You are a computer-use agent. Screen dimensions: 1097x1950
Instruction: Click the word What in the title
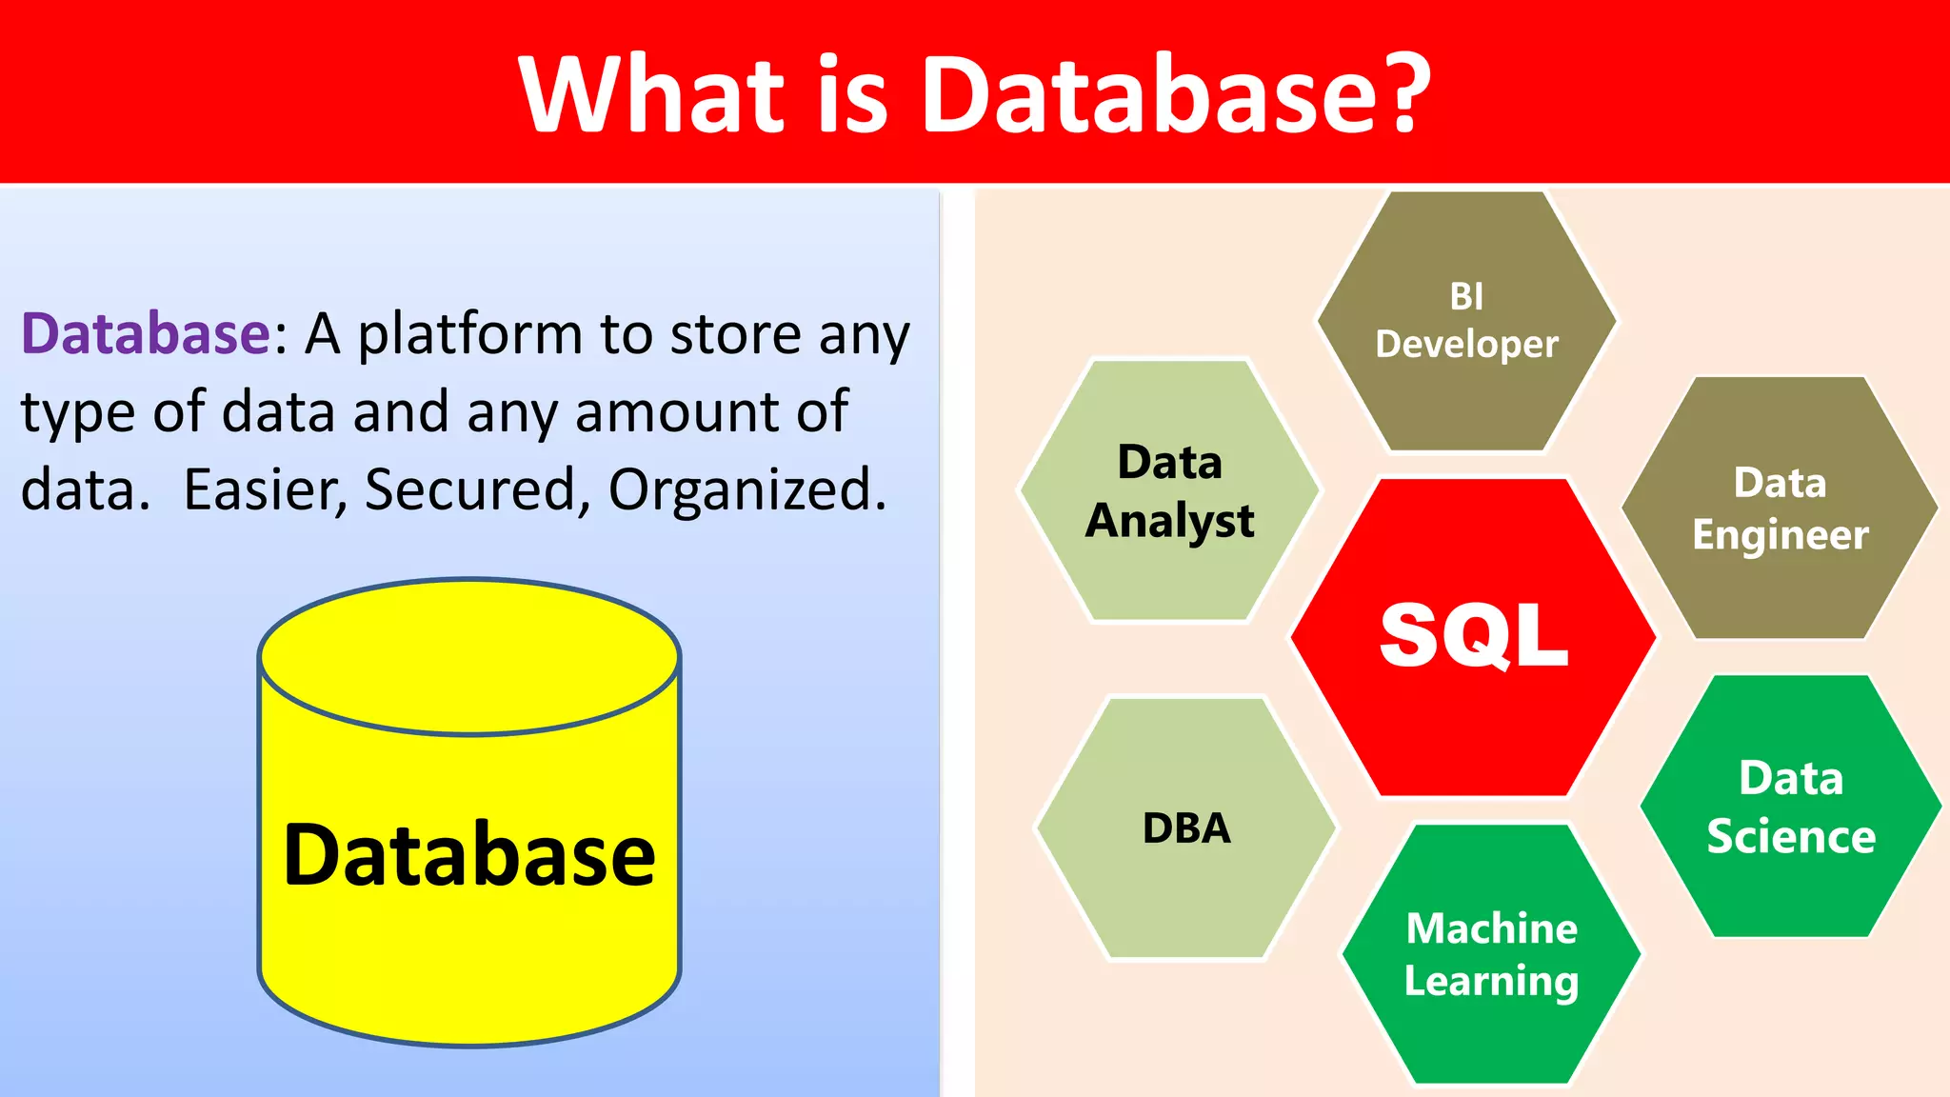click(651, 93)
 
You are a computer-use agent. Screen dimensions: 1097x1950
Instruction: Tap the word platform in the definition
click(469, 336)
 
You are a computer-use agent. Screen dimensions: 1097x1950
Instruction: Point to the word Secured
click(471, 489)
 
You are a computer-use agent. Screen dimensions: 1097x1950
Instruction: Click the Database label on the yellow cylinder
click(469, 855)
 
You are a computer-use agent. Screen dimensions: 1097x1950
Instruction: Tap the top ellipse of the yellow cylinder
click(469, 657)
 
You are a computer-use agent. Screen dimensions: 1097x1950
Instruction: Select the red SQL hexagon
click(1473, 636)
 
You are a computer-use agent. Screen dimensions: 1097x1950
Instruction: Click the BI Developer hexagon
click(1466, 321)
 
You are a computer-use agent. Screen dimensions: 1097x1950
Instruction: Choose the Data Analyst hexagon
click(1169, 491)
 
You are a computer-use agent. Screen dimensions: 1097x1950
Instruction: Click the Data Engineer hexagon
click(1780, 509)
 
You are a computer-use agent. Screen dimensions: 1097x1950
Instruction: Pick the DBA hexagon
click(1186, 828)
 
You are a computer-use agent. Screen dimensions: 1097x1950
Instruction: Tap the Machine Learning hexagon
click(1491, 954)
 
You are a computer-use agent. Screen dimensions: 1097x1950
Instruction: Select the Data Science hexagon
click(1790, 807)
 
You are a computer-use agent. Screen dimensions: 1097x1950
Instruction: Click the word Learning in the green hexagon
click(1491, 982)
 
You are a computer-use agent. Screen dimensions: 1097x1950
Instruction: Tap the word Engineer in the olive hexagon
click(1780, 535)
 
